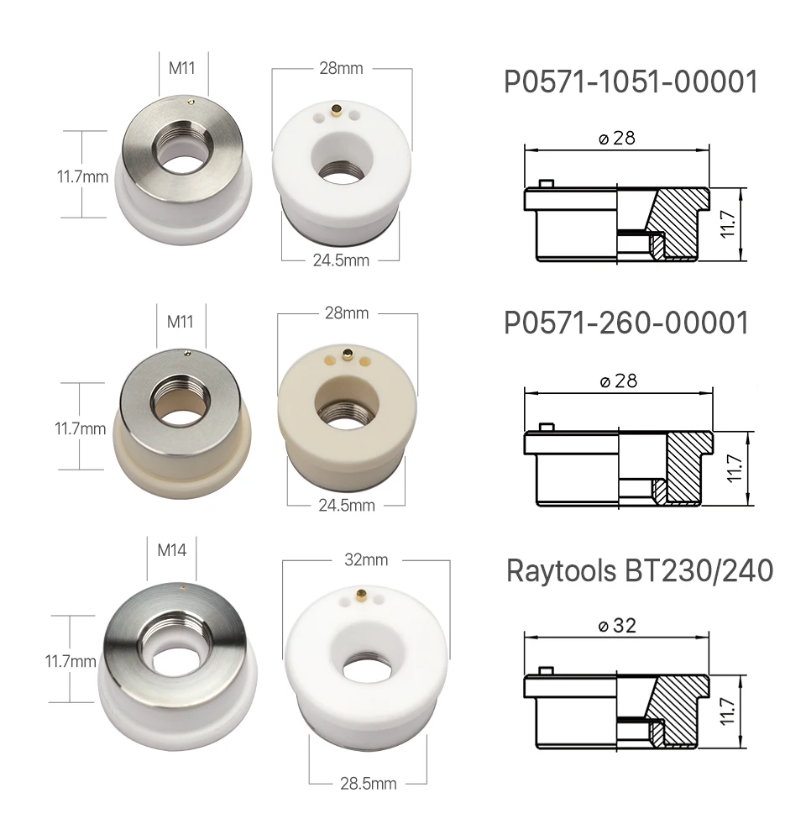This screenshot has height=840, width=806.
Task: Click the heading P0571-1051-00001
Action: [631, 82]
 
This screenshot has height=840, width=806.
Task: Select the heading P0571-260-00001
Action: [626, 323]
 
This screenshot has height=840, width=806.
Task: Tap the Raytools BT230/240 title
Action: [640, 570]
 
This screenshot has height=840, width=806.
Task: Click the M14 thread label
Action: [172, 550]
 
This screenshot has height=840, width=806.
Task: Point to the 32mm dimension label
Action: [366, 559]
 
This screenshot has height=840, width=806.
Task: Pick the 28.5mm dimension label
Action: [369, 784]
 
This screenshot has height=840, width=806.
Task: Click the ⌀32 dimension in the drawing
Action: [617, 625]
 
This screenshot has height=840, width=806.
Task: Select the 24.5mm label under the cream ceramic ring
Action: [347, 505]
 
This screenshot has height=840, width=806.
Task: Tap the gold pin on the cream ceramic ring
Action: [348, 354]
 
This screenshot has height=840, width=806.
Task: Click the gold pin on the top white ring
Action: [337, 110]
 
